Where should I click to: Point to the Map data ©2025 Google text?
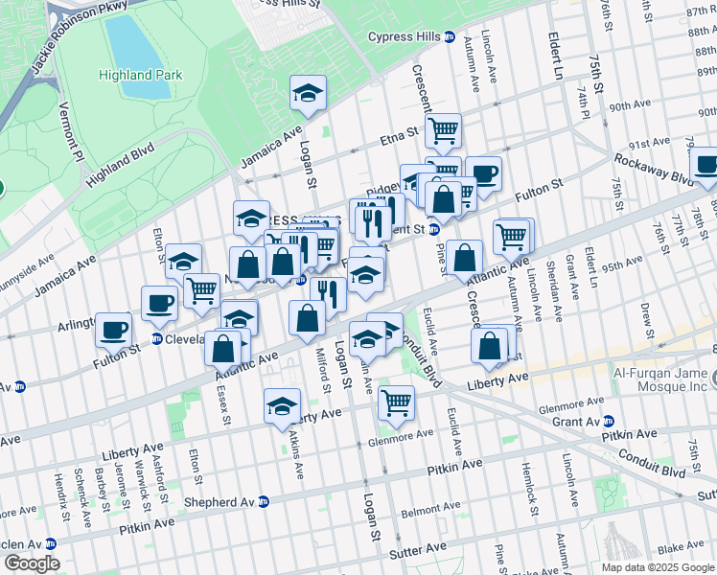658,567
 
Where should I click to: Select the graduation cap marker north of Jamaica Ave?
308,93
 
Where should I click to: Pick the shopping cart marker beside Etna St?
443,129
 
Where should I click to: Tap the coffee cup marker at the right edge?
705,164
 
